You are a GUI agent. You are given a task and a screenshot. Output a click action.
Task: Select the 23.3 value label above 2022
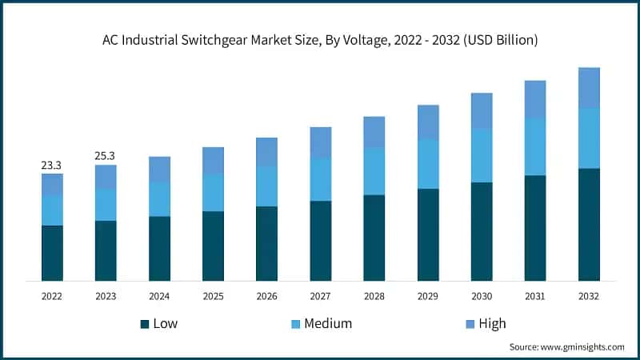coord(52,165)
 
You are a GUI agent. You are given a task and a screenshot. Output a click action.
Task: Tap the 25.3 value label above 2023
coord(106,156)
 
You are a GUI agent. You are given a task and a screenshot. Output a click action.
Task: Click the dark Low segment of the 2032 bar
coord(589,224)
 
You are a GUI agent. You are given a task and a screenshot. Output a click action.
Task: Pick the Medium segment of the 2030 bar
coord(482,155)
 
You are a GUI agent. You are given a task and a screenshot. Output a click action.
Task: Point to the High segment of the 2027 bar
coord(320,142)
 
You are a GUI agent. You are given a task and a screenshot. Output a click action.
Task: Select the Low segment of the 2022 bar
coord(52,253)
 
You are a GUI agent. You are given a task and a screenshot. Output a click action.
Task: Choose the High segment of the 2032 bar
coord(589,87)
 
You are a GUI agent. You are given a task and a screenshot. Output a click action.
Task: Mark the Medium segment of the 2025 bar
coord(213,192)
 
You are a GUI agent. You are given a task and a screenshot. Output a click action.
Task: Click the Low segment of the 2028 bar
coord(374,238)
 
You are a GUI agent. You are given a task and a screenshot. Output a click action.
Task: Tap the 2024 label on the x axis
coord(159,296)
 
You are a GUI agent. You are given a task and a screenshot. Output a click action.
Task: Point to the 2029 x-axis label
coord(428,296)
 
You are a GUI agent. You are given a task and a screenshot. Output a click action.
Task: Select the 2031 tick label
coord(535,296)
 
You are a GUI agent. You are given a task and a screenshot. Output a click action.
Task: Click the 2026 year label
coord(266,296)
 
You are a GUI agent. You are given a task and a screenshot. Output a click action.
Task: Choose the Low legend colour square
coord(145,324)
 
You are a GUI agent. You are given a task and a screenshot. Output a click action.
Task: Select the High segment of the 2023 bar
coord(106,178)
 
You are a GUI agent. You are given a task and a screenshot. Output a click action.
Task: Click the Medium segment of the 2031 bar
coord(535,146)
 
